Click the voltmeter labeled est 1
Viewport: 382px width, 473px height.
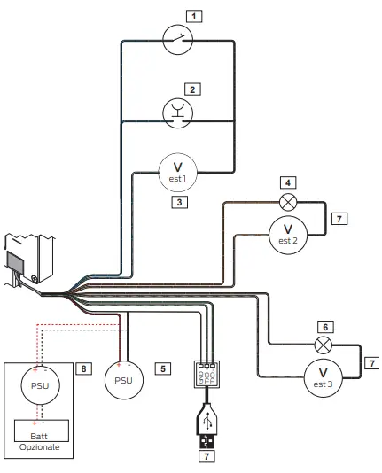[x=177, y=170]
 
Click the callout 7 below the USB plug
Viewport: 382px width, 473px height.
[x=206, y=458]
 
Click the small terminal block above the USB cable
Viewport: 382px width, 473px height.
[x=206, y=375]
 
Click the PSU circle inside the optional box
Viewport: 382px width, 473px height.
[x=39, y=385]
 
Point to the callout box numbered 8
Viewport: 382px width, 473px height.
[x=84, y=367]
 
